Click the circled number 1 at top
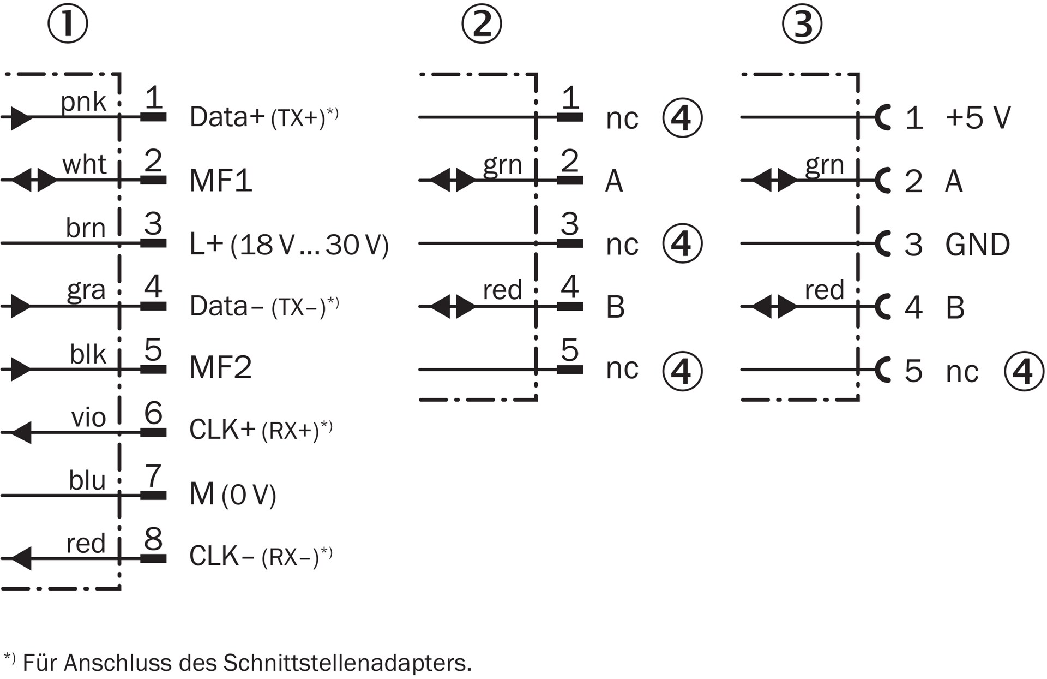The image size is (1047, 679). pyautogui.click(x=68, y=25)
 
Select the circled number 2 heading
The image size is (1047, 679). pyautogui.click(x=481, y=25)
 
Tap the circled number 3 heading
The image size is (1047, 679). pyautogui.click(x=802, y=25)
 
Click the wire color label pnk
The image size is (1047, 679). pyautogui.click(x=83, y=102)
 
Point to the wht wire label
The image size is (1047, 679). pyautogui.click(x=84, y=164)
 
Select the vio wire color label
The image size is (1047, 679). pyautogui.click(x=88, y=418)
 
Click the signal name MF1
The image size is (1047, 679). pyautogui.click(x=221, y=180)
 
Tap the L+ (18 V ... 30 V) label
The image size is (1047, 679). pyautogui.click(x=288, y=244)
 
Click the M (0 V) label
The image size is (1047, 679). pyautogui.click(x=233, y=495)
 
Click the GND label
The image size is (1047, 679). pyautogui.click(x=977, y=245)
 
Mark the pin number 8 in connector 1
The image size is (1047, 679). pyautogui.click(x=153, y=539)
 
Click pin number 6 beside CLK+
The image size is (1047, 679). pyautogui.click(x=153, y=413)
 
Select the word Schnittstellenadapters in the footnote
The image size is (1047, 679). pyautogui.click(x=347, y=663)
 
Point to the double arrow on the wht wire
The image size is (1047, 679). pyautogui.click(x=34, y=180)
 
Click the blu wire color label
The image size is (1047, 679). pyautogui.click(x=87, y=481)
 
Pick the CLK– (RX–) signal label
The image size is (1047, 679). pyautogui.click(x=260, y=556)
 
